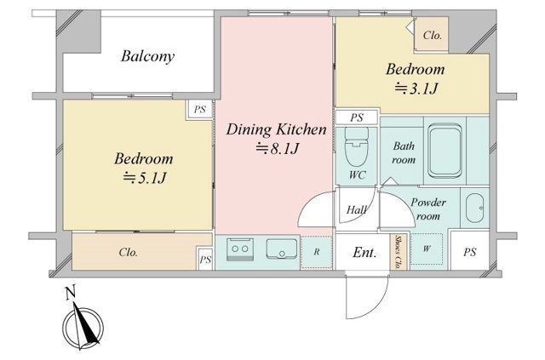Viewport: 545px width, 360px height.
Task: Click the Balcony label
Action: [147, 56]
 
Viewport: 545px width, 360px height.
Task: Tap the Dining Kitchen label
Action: [276, 129]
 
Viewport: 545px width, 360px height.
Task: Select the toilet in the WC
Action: [357, 146]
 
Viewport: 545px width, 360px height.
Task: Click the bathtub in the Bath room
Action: [445, 151]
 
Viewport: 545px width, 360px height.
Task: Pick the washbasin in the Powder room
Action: [474, 208]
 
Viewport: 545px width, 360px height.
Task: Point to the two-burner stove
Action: [240, 249]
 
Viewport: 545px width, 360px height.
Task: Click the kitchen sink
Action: [282, 249]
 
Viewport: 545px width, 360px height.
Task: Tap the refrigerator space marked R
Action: [316, 252]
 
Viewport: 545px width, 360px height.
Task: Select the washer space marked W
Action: [427, 249]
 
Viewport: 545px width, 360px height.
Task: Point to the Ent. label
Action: [364, 253]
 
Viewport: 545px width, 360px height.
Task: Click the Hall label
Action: [357, 209]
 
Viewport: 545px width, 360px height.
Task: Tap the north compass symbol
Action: [83, 326]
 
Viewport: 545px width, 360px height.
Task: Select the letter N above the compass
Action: [71, 293]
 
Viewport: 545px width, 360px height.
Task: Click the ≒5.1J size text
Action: [144, 178]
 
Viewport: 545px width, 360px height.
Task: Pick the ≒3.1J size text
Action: [416, 89]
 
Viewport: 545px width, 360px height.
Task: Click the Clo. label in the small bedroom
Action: [433, 35]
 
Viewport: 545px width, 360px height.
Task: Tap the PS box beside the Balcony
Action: [199, 110]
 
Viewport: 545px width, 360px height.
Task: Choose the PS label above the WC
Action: [357, 117]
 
